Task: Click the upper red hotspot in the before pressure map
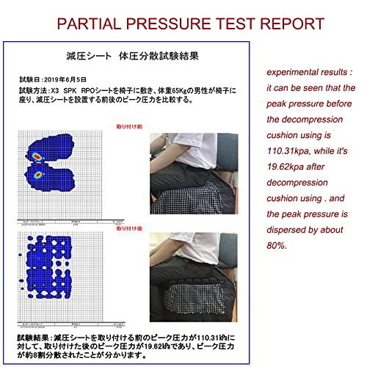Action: coord(36,155)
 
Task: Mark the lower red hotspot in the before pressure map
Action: coord(39,176)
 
